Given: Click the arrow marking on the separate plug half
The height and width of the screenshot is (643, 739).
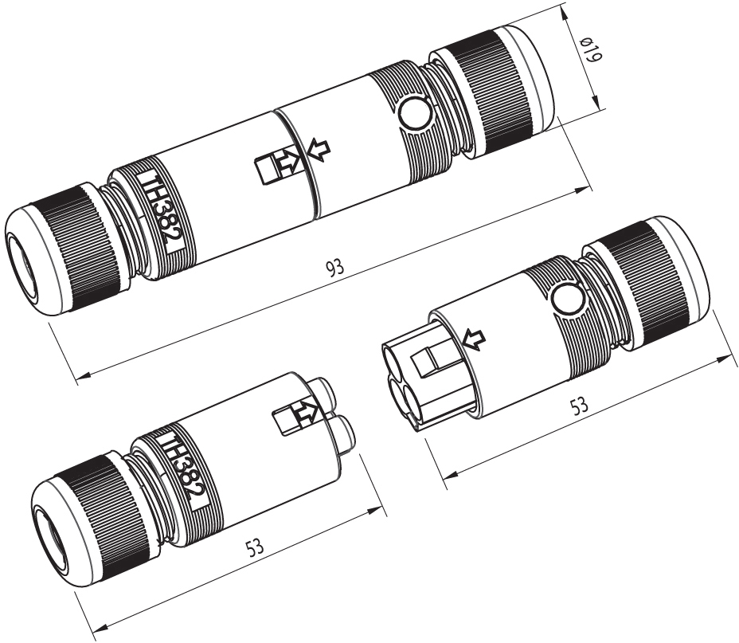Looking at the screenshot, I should point(305,412).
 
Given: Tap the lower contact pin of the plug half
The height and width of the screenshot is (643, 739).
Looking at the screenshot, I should point(345,435).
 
